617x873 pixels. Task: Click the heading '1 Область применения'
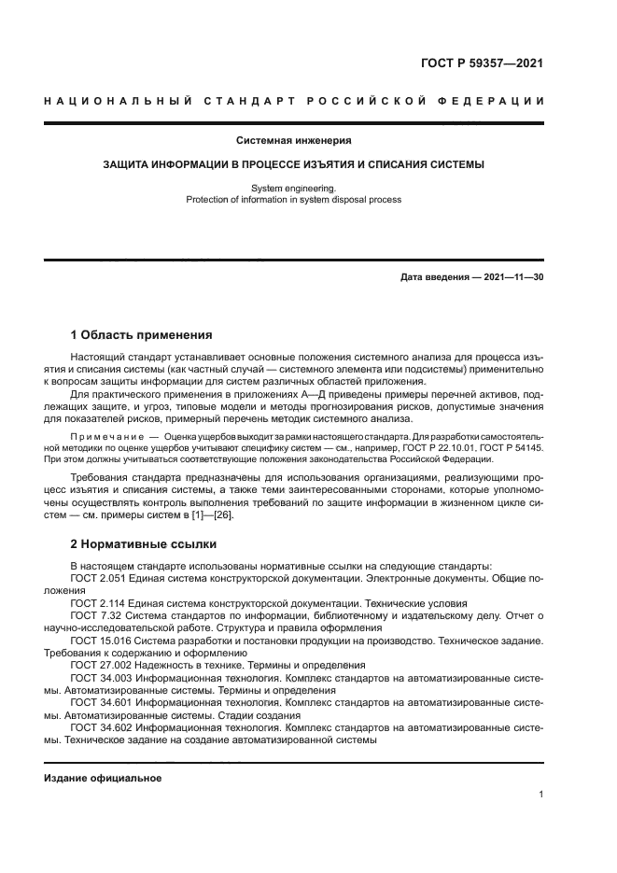[141, 334]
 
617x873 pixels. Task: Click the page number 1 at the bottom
[540, 795]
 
